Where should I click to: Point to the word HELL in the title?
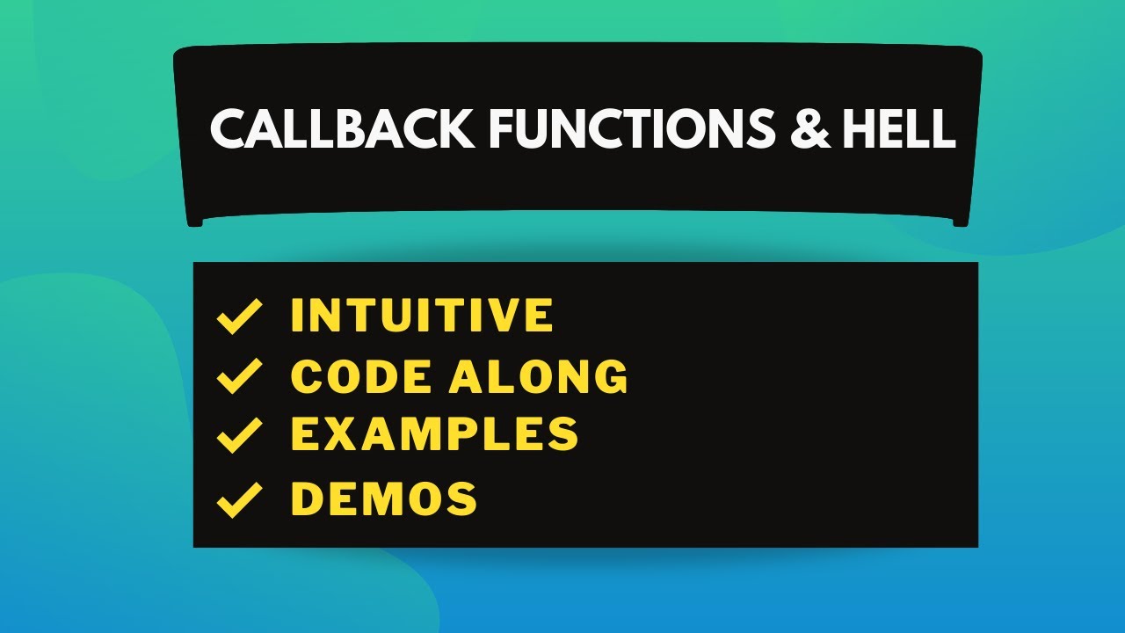click(x=897, y=129)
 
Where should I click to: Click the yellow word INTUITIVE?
click(x=422, y=316)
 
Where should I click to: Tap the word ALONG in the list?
click(x=539, y=377)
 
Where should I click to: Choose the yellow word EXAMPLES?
click(x=434, y=433)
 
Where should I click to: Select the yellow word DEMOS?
click(x=384, y=498)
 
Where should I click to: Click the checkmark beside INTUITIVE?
click(x=239, y=316)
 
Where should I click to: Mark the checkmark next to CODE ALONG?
click(x=239, y=377)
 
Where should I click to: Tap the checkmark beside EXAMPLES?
click(x=239, y=434)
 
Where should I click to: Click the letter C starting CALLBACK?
click(x=228, y=129)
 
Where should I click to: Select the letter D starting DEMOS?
click(x=307, y=498)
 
